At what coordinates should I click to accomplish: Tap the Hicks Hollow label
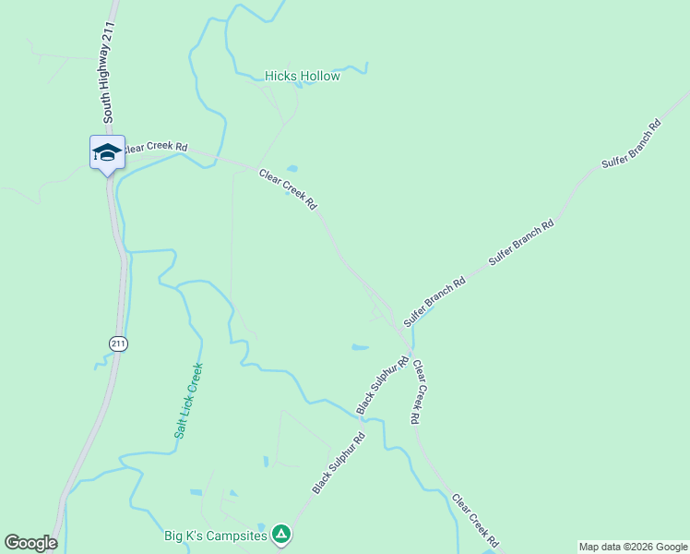click(x=303, y=76)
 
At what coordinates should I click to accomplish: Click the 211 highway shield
click(x=118, y=343)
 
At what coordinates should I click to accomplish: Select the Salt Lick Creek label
click(x=188, y=400)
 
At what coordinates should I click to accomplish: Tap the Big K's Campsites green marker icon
click(x=282, y=534)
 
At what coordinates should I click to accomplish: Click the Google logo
click(x=30, y=543)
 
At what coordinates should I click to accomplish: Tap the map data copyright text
click(x=633, y=547)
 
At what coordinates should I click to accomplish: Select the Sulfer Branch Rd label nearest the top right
click(x=631, y=143)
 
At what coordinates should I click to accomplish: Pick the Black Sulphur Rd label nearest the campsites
click(x=339, y=463)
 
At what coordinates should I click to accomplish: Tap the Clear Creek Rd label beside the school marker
click(x=155, y=147)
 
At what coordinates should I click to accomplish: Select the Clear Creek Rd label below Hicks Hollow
click(x=288, y=188)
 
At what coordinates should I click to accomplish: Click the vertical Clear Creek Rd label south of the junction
click(x=417, y=391)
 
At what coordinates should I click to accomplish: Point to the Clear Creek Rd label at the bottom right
click(x=475, y=519)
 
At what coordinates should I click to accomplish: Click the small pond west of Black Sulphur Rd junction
click(x=360, y=348)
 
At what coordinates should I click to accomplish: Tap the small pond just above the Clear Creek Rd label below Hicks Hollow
click(x=292, y=168)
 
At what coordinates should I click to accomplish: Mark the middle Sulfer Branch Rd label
click(x=521, y=243)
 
